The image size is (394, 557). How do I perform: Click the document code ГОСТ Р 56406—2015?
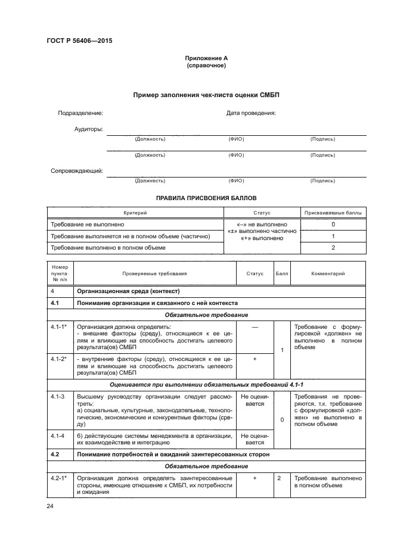click(x=79, y=41)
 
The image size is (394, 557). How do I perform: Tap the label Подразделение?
click(x=80, y=113)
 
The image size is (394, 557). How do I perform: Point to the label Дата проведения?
click(x=251, y=113)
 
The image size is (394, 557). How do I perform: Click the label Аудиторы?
click(x=88, y=129)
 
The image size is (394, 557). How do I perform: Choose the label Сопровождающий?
click(x=77, y=171)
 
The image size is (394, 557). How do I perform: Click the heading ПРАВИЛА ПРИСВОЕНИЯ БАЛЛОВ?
click(x=206, y=197)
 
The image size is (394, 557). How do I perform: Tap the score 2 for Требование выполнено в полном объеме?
click(x=333, y=247)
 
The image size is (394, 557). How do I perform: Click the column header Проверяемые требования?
click(x=154, y=273)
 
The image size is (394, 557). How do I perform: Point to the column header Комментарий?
click(x=328, y=273)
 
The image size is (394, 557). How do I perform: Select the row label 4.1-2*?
click(x=58, y=359)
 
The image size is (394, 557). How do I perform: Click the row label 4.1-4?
click(x=57, y=436)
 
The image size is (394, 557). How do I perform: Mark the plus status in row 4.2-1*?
click(x=255, y=478)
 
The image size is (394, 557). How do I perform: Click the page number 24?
click(x=50, y=506)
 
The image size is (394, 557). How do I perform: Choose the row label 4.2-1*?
click(x=58, y=478)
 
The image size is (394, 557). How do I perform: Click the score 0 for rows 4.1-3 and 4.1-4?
click(x=281, y=419)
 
